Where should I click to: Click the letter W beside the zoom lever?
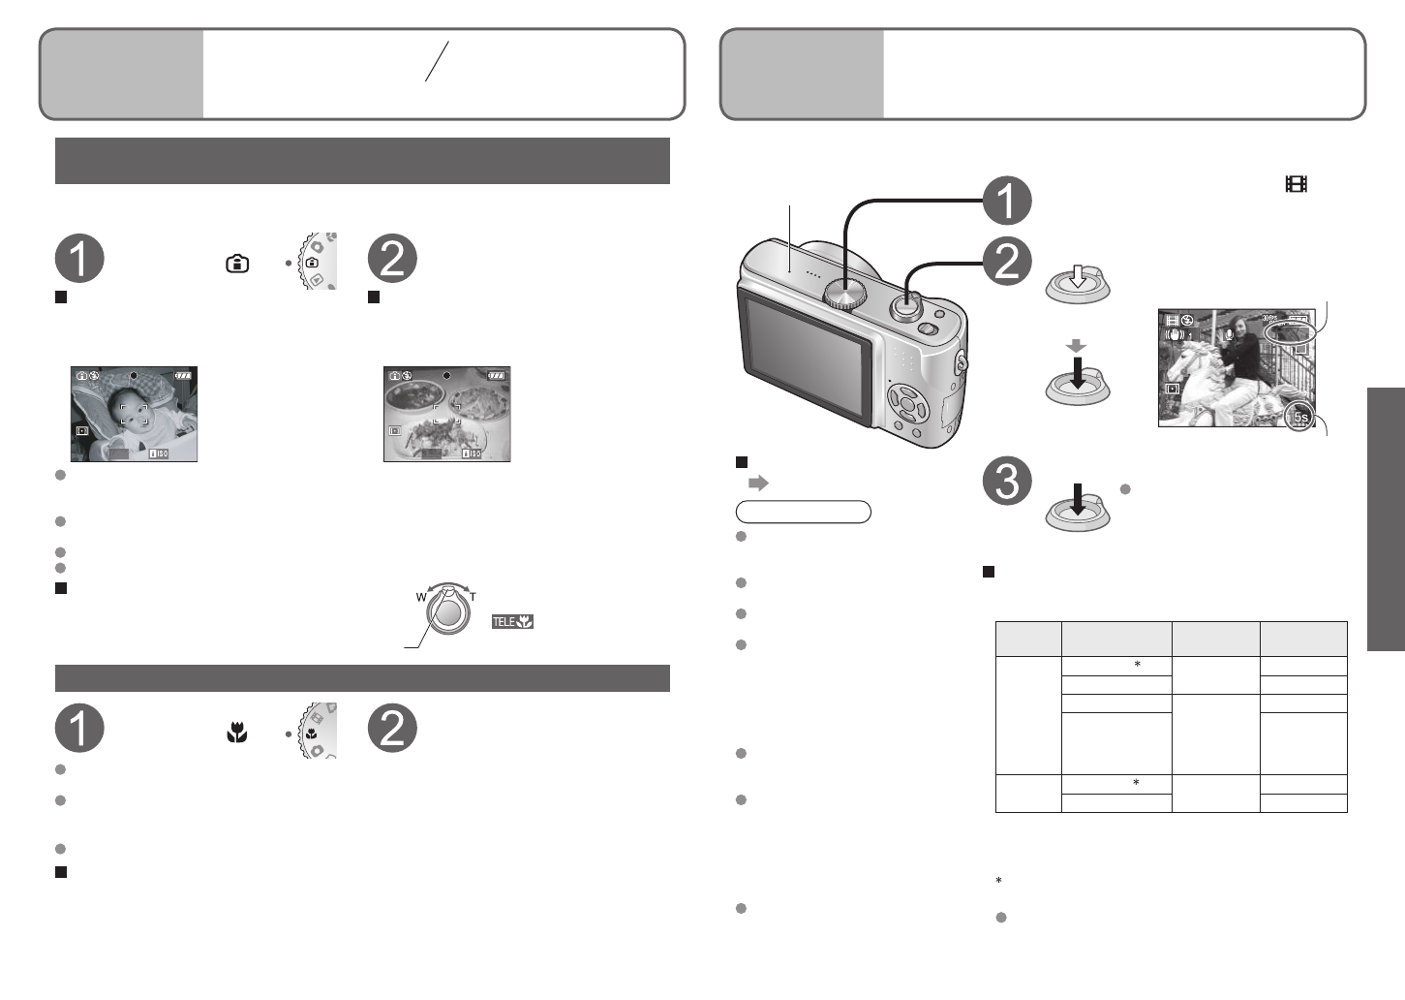click(421, 597)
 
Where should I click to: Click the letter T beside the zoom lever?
click(473, 597)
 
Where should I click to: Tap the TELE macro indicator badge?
click(512, 621)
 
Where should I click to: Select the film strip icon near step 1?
click(1295, 184)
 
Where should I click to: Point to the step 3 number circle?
click(1007, 481)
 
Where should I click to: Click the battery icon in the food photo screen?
click(497, 376)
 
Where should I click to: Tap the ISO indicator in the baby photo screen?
click(158, 453)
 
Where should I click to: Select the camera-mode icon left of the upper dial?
click(236, 264)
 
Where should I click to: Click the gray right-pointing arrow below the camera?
click(757, 483)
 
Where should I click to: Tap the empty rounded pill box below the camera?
click(803, 512)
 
